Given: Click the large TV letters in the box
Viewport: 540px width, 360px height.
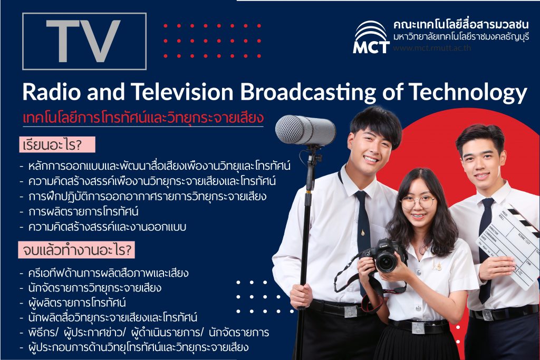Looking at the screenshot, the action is point(83,41).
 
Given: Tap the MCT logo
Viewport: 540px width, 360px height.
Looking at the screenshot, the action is point(371,37).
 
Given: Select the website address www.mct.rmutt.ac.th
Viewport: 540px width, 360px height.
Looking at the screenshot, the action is point(432,48).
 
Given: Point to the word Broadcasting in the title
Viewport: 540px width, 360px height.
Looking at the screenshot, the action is point(308,93).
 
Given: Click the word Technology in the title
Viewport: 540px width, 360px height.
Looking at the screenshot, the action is point(468,93).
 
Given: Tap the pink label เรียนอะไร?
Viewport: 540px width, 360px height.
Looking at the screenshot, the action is point(57,144).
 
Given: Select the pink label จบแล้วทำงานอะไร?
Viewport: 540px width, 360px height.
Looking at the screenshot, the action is point(76,250).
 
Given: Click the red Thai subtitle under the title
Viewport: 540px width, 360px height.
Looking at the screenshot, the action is point(143,118).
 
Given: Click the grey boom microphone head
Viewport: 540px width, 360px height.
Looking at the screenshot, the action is point(305,130).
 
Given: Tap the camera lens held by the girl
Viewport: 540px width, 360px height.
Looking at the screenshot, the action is point(386,261).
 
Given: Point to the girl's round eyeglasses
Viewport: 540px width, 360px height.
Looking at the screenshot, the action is point(418,202).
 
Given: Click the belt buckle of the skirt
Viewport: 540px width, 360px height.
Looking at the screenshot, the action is point(418,328).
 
